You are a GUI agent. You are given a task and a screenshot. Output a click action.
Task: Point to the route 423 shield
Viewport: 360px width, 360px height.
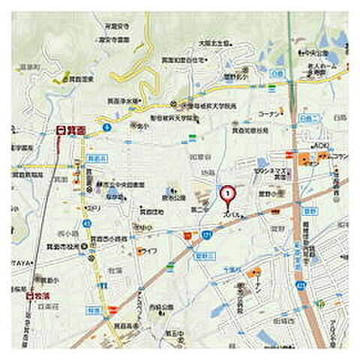tap(301, 285)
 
